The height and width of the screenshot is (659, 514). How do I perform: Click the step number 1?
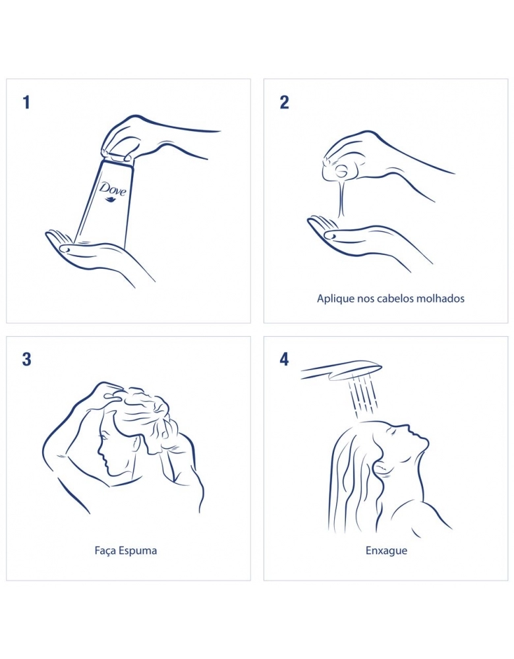[26, 102]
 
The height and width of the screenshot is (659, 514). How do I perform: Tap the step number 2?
[285, 102]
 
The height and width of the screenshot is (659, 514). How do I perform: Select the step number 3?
[26, 359]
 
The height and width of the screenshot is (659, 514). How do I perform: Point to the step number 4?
[285, 359]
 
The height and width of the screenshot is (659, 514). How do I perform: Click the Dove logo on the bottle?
[113, 190]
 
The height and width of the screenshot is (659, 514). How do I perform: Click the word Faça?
[105, 550]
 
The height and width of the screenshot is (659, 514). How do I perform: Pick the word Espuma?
[138, 551]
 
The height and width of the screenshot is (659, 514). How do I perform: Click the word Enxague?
[386, 551]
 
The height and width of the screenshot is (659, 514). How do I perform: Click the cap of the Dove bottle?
[118, 158]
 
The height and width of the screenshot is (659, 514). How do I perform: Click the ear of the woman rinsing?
[382, 467]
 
